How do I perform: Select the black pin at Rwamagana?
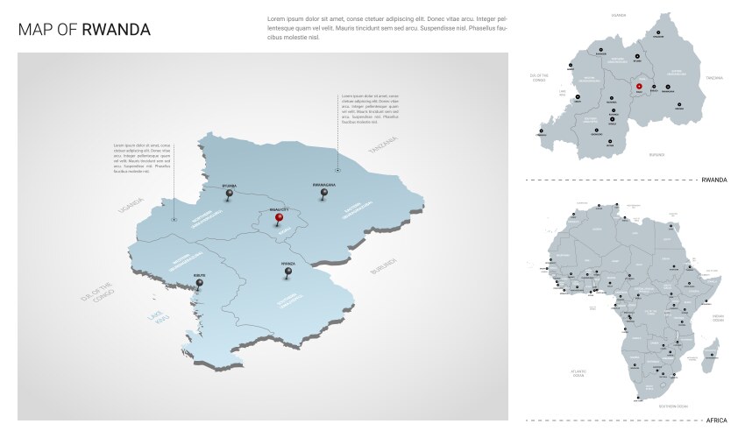click(325, 194)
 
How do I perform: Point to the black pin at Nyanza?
click(287, 272)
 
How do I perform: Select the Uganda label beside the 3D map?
click(131, 204)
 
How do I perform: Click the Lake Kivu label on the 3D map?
click(155, 316)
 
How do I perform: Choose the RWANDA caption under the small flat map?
click(714, 180)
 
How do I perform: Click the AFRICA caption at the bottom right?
click(716, 420)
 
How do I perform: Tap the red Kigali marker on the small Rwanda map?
click(640, 86)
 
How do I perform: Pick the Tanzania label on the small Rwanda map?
click(715, 78)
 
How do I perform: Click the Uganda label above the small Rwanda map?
click(620, 15)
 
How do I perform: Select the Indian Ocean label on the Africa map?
click(718, 318)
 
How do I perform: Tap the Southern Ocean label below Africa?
click(673, 406)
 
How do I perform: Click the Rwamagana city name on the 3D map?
click(325, 186)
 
